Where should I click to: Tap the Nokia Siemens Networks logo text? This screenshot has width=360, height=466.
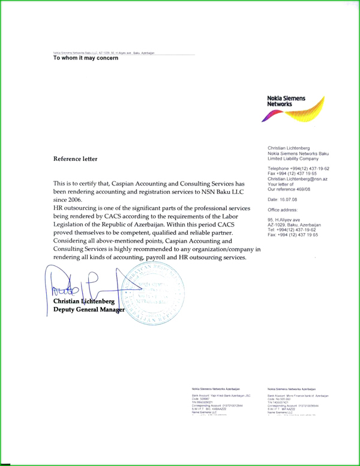(286, 101)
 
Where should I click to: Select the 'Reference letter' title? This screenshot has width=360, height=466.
(75, 159)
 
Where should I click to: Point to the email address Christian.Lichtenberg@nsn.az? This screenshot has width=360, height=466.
(297, 179)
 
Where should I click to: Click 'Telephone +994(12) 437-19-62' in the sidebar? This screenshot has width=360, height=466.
(298, 169)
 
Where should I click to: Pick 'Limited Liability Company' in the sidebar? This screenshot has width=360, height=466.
(293, 159)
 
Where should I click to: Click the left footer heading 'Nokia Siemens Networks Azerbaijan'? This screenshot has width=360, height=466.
(215, 390)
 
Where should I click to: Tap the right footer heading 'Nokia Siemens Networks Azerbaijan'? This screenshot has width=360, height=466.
(292, 390)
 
